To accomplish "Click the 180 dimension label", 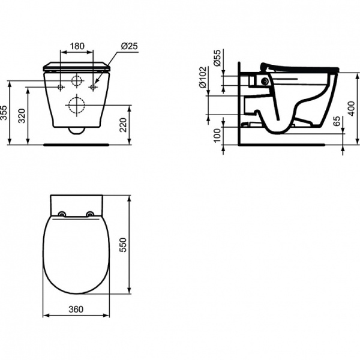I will tap(76, 46).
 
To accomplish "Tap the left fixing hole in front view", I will tap(61, 87).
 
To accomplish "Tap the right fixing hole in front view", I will tap(93, 87).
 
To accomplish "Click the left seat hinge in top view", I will tap(62, 214).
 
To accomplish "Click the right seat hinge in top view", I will tap(90, 214).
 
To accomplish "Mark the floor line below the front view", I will tap(77, 145).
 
